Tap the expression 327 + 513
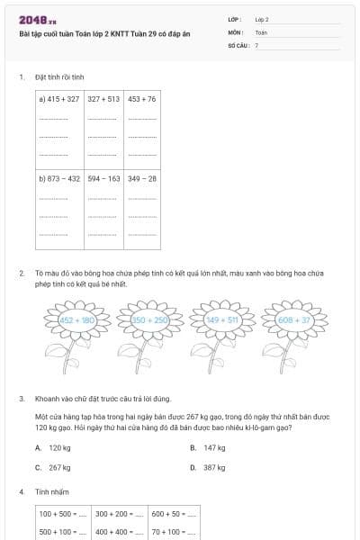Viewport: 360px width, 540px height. [x=103, y=99]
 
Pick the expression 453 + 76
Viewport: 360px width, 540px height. [x=142, y=99]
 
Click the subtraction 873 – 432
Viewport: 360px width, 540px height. [x=60, y=179]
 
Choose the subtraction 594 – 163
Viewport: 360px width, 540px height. [x=103, y=179]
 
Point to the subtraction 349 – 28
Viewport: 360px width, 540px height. [x=142, y=179]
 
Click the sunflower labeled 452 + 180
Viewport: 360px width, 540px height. [x=77, y=319]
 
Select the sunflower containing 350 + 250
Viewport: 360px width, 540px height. [x=150, y=319]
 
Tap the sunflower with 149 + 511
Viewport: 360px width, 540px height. [x=222, y=319]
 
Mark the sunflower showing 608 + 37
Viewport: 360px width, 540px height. [x=294, y=319]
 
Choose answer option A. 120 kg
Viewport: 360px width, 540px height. [x=53, y=447]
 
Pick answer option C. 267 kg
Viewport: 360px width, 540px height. [x=53, y=468]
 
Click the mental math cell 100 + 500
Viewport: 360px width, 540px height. [x=62, y=514]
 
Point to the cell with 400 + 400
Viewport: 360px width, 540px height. [x=118, y=532]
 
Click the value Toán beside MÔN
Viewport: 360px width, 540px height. [x=261, y=31]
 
